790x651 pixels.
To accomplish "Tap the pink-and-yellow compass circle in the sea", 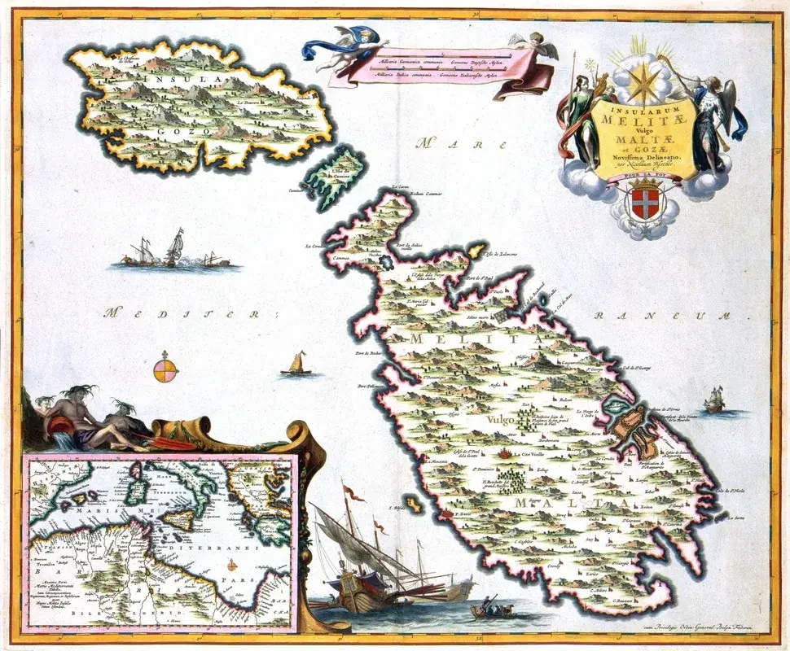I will (x=165, y=370).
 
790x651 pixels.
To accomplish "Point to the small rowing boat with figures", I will (x=489, y=607).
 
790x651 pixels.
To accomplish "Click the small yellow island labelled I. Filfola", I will (x=414, y=505).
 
